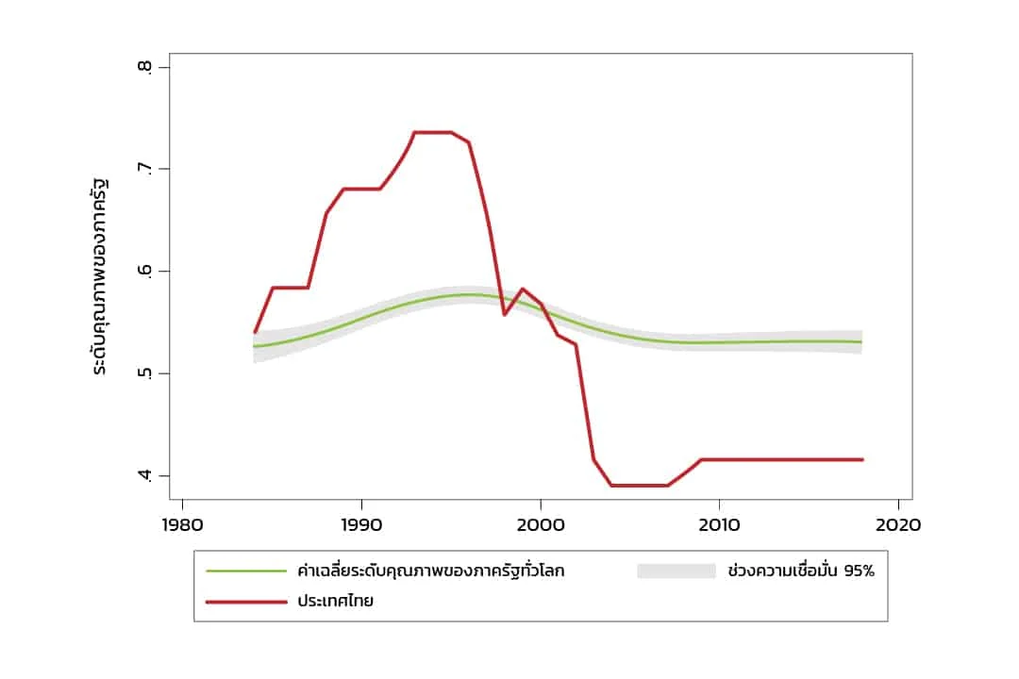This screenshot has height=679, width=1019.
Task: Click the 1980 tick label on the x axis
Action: click(x=182, y=525)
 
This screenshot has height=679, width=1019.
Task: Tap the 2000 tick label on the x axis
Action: click(x=540, y=525)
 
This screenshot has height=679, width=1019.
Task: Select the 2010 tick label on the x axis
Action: click(x=719, y=525)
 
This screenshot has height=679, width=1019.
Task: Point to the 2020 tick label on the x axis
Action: click(x=898, y=525)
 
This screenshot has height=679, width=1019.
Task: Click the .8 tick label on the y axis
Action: click(x=143, y=68)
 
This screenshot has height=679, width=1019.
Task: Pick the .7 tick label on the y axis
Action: click(x=143, y=170)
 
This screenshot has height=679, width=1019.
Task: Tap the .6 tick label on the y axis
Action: click(x=143, y=272)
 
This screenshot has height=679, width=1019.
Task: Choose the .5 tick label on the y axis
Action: click(x=143, y=373)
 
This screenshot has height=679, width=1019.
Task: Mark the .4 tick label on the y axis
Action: click(x=143, y=475)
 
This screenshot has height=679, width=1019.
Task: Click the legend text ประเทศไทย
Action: click(x=335, y=601)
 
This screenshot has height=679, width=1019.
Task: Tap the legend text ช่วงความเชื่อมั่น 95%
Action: click(x=802, y=571)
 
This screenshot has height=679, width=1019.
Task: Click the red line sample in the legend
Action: click(x=245, y=601)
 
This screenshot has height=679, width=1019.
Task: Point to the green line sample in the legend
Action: click(x=245, y=571)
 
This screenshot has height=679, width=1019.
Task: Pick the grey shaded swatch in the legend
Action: click(x=677, y=571)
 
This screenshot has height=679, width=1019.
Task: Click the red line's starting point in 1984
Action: click(x=255, y=332)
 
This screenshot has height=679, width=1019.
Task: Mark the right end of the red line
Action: click(x=862, y=459)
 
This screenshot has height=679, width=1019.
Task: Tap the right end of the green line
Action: click(x=861, y=341)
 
